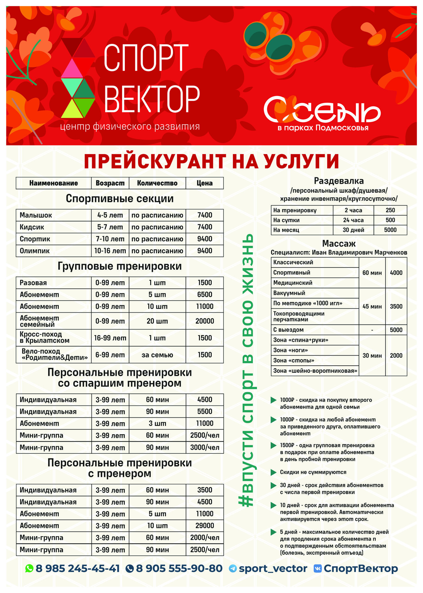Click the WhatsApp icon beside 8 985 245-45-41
pos(29,569)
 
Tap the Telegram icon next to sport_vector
pos(233,569)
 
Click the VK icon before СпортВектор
pos(318,569)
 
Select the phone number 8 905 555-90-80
pos(179,569)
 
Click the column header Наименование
pos(53,183)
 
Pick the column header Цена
pos(205,183)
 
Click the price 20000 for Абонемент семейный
pos(205,321)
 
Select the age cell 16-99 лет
pos(110,338)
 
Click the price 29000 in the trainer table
pos(205,526)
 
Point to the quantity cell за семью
pos(157,355)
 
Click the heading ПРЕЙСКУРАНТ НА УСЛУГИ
pos(211,161)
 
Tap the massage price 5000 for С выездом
pos(396,330)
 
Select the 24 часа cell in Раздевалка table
pos(353,220)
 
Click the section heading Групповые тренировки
pos(120,266)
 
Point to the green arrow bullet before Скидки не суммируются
pos(273,472)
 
